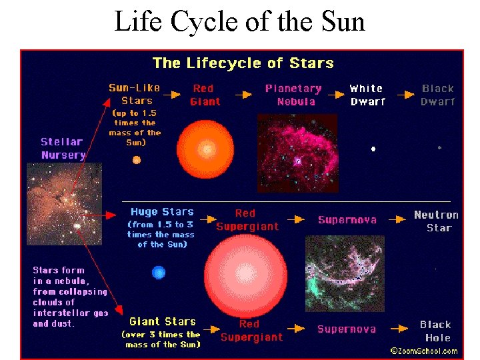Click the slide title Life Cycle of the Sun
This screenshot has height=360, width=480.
coord(240,21)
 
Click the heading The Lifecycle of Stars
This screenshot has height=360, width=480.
coord(243,63)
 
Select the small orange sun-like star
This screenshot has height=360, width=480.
coord(137,160)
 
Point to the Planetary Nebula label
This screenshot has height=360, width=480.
coord(293,95)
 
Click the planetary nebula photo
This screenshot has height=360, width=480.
coord(297,153)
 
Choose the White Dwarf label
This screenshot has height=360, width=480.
coord(367,95)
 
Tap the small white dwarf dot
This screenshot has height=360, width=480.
coord(373,149)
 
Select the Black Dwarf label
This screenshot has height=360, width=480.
coord(438,95)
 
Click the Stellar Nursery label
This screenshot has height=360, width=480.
coord(63,148)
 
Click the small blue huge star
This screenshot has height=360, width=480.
coord(158,272)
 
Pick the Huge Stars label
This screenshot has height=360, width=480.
coord(162,212)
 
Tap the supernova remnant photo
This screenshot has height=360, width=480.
coord(344,273)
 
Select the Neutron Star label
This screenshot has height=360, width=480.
coord(437,221)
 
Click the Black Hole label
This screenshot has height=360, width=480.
coord(436,331)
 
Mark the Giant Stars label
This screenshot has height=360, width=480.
coord(163,321)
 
